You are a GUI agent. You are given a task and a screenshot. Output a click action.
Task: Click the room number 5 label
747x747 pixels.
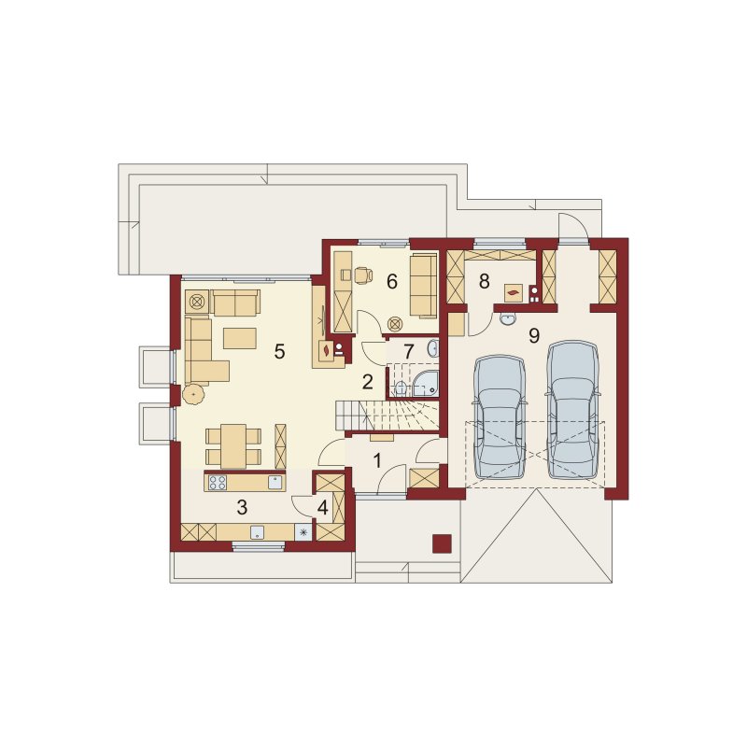pyautogui.click(x=279, y=352)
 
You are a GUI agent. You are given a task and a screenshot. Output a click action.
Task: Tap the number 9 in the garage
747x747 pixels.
pyautogui.click(x=534, y=336)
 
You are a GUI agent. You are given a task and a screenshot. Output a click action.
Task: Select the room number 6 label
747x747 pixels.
pyautogui.click(x=391, y=282)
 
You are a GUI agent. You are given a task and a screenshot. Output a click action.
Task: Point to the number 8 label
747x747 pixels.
pyautogui.click(x=484, y=282)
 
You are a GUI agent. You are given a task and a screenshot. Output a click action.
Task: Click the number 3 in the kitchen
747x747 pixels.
pyautogui.click(x=242, y=508)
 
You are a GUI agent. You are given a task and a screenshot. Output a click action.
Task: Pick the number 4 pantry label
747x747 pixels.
pyautogui.click(x=322, y=508)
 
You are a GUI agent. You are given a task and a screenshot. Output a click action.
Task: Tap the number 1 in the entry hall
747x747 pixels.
pyautogui.click(x=377, y=460)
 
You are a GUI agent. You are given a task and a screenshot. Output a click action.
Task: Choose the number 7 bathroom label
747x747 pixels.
pyautogui.click(x=408, y=352)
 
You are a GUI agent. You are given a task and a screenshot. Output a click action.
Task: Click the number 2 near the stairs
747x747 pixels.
pyautogui.click(x=367, y=382)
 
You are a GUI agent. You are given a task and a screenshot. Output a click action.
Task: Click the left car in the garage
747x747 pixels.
pyautogui.click(x=500, y=416)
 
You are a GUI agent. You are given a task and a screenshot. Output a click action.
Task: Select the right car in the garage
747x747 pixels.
pyautogui.click(x=573, y=409)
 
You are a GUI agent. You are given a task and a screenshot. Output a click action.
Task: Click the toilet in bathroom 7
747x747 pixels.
pyautogui.click(x=400, y=388)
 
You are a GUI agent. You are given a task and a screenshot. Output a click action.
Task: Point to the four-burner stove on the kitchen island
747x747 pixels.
pyautogui.click(x=218, y=482)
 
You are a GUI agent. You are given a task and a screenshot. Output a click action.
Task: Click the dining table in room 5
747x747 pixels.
pyautogui.click(x=233, y=446)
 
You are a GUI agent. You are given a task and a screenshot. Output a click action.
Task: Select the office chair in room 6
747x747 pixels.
pyautogui.click(x=363, y=275)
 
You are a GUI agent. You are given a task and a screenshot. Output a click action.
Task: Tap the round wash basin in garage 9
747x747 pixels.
pyautogui.click(x=508, y=319)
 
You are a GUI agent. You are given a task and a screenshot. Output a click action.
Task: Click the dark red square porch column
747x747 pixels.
pyautogui.click(x=442, y=543)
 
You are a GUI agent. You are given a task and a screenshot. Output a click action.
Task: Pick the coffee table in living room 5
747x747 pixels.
pyautogui.click(x=240, y=338)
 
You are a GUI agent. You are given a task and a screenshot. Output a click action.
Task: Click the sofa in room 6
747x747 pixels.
pyautogui.click(x=423, y=286)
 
